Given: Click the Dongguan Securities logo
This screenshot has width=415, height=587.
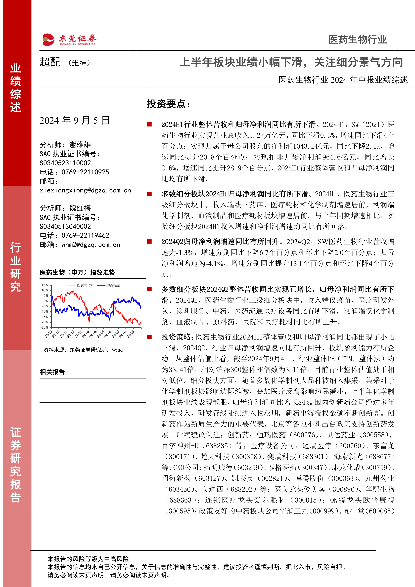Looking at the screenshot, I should coord(69,40).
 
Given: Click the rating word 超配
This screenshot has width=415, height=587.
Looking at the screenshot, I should coord(50,62).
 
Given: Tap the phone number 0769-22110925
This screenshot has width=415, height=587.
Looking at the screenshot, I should coord(85,172).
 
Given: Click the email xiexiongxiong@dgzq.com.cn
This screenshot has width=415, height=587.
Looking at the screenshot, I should coord(85,190).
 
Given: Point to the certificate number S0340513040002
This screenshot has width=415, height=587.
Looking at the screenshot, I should coord(65,227).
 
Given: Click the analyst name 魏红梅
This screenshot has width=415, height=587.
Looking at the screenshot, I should coord(80,208).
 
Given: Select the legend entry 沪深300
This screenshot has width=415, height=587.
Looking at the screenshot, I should coord(113,286).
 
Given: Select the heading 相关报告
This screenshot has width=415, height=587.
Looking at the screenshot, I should coord(52,372).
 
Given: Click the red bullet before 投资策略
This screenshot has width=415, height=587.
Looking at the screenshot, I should coord(150,337).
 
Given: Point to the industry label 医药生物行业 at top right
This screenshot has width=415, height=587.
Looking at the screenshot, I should coord(357,40).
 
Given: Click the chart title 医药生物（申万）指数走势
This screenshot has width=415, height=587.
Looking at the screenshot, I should coord(77,273).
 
